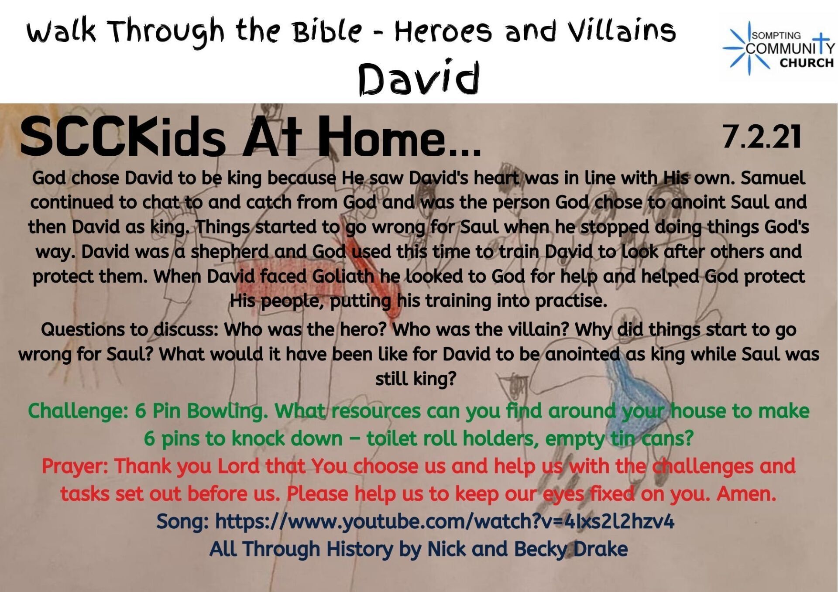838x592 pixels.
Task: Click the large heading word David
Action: pos(419,79)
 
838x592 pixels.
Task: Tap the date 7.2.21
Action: pos(762,137)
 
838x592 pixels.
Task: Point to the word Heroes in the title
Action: pos(443,31)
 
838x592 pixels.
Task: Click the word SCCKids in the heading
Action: pos(123,137)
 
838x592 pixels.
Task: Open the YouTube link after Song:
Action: pos(444,521)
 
